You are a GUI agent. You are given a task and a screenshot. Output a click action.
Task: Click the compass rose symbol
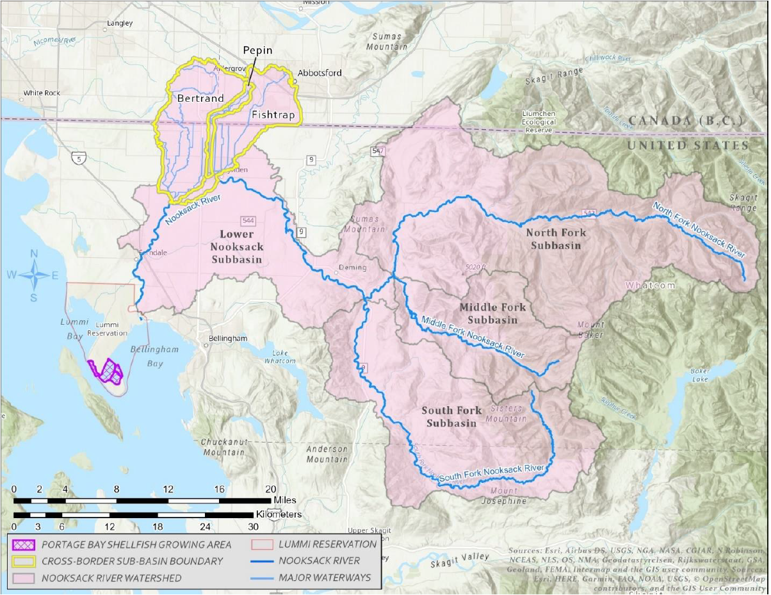pos(35,275)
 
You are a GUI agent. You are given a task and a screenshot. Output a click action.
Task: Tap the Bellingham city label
pos(228,338)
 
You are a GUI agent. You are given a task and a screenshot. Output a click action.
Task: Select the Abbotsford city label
pos(319,73)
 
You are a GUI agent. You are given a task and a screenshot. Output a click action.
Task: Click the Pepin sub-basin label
pos(257,51)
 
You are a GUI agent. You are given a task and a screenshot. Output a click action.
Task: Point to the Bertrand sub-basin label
pos(200,99)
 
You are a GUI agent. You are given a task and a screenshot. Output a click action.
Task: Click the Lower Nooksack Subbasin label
pos(236,247)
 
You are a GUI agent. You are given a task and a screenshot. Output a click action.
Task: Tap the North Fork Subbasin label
pos(553,238)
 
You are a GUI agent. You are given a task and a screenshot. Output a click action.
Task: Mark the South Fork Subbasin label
pos(451,416)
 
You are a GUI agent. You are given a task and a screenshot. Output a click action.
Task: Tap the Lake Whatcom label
pos(284,357)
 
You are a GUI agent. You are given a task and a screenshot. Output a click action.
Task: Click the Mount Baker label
pos(590,329)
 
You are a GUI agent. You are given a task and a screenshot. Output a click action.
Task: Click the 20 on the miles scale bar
pos(270,489)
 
